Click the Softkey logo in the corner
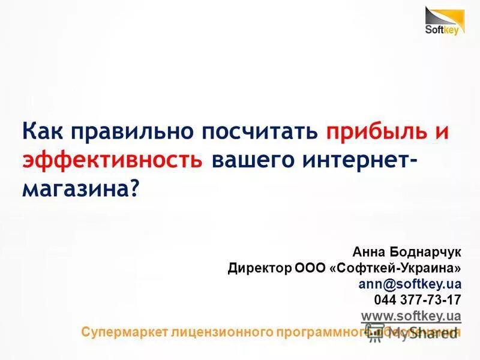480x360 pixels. (x=445, y=20)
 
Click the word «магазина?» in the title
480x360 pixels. (x=80, y=190)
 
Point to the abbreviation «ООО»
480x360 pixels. (x=310, y=268)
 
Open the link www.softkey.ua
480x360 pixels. (x=411, y=315)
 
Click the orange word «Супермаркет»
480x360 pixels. (x=124, y=331)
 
